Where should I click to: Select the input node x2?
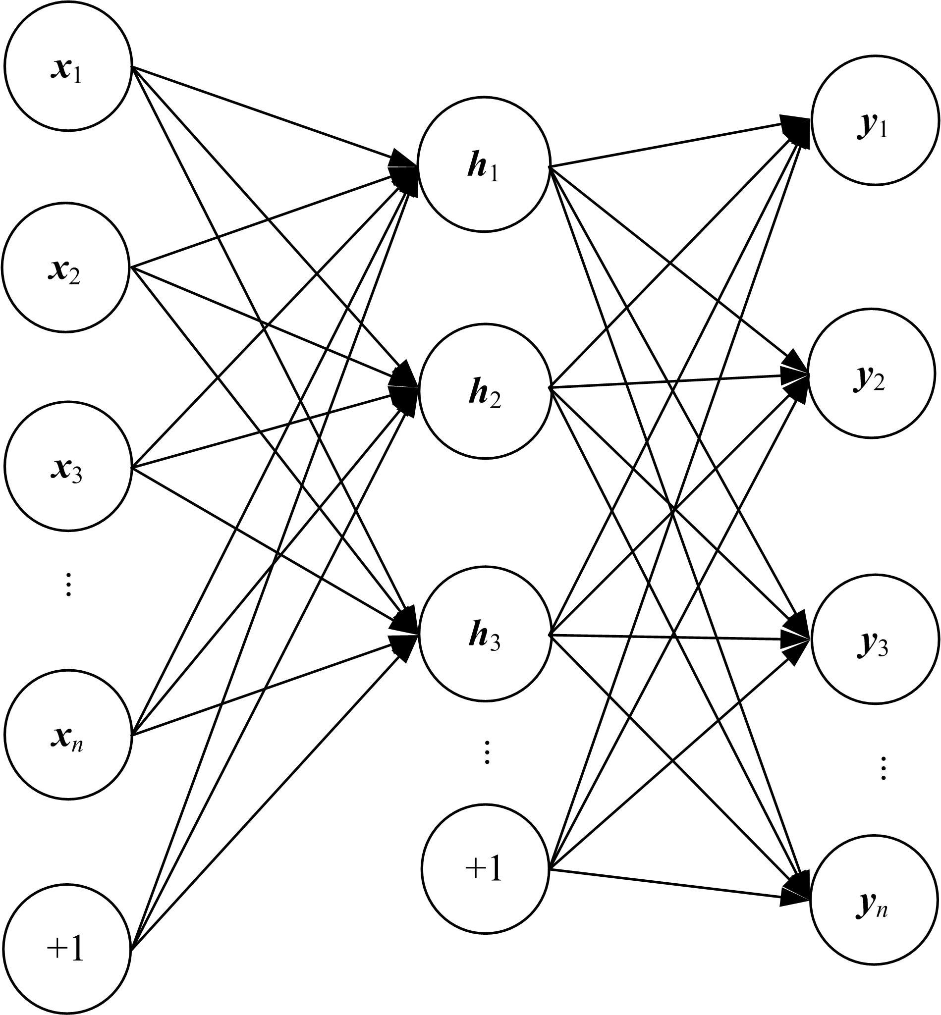(66, 267)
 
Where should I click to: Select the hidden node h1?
(484, 165)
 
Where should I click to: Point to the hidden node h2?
(485, 390)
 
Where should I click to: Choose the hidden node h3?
(485, 634)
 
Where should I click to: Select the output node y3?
(874, 640)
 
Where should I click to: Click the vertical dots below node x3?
(68, 585)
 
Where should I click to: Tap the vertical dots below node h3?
(487, 752)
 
